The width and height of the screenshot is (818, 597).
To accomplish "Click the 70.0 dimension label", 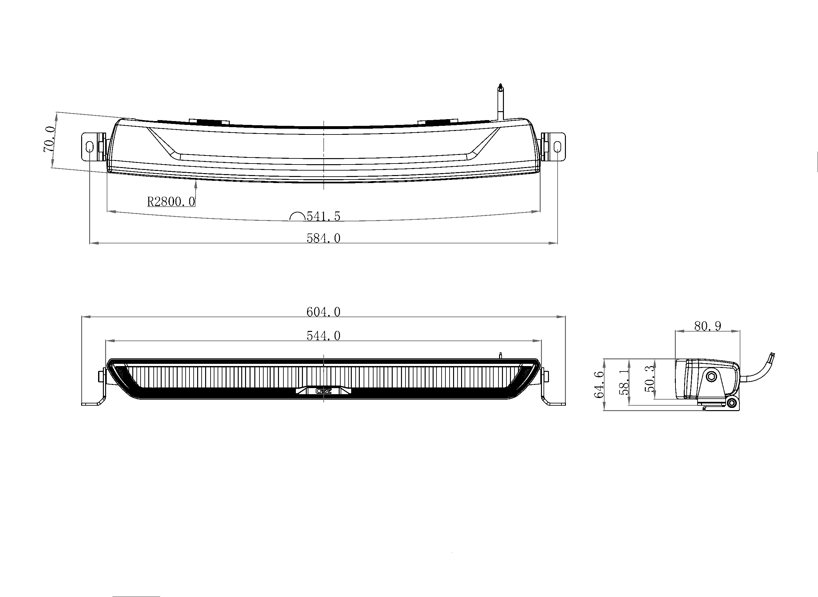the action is [50, 139].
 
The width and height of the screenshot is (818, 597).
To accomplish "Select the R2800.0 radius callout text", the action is [171, 202].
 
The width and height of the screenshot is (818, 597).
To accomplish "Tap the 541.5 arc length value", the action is [323, 216].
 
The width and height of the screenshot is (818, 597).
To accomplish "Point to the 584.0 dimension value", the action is [323, 238].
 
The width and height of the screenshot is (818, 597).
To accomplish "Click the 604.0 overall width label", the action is [323, 312].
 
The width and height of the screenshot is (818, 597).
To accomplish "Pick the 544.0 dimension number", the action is [323, 336].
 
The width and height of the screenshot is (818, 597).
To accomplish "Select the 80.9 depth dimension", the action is [707, 326].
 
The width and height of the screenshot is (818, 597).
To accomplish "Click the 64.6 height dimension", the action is [599, 385].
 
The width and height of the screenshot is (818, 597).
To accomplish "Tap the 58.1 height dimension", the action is [624, 382].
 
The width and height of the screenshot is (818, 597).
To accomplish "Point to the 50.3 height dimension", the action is [650, 379].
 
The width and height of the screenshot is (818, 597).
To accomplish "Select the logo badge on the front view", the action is [323, 391].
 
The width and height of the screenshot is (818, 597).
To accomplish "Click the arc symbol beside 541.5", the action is [297, 216].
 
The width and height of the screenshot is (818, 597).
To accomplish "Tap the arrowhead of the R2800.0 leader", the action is [196, 185].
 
